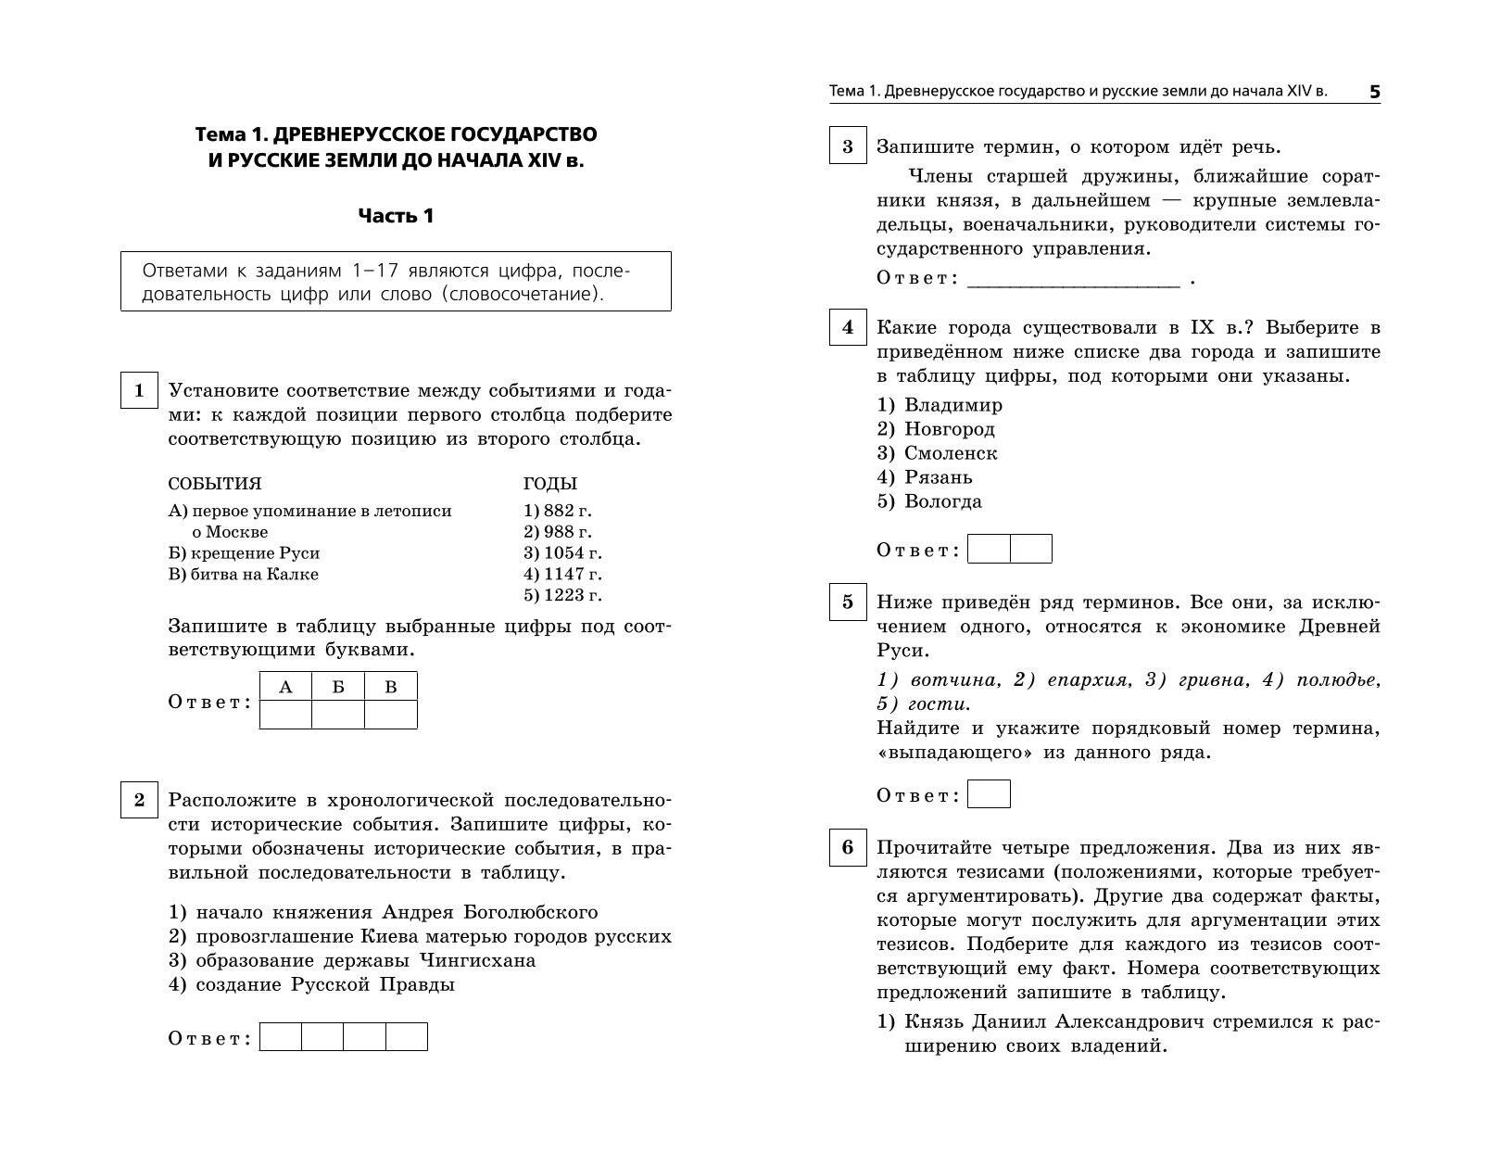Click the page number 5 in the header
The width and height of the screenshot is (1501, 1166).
1374,92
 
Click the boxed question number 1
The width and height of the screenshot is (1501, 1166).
139,390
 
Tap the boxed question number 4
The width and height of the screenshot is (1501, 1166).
847,327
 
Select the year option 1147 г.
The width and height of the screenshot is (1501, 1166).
562,574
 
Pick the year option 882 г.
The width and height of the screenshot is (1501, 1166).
557,510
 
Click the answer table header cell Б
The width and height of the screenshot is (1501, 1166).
338,687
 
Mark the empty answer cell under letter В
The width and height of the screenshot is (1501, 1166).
390,715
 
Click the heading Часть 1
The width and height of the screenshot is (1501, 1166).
396,216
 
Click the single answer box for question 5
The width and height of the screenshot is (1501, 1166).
989,794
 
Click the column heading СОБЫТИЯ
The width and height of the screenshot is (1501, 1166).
215,484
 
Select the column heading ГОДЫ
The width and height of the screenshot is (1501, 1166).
549,484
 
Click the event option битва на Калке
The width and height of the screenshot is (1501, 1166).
244,574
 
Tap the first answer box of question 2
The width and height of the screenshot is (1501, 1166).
281,1036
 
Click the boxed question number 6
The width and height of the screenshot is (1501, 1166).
847,848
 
